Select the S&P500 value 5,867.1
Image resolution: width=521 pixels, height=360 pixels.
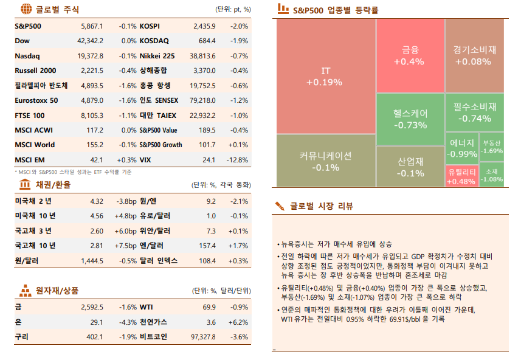(x=92, y=27)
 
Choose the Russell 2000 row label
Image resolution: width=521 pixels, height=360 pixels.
(x=35, y=71)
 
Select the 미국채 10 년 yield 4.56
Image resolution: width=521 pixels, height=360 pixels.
(x=96, y=216)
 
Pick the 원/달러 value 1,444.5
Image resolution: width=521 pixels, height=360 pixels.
(x=92, y=260)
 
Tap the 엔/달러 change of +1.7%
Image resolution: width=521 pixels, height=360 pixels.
(x=239, y=246)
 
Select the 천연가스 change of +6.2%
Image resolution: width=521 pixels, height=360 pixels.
(x=238, y=322)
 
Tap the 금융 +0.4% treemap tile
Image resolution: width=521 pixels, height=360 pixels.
(x=409, y=55)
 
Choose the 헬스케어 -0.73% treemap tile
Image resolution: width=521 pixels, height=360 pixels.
(x=410, y=119)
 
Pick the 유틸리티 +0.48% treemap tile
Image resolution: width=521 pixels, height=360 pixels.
(x=461, y=177)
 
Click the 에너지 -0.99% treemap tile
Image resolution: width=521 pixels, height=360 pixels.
(x=461, y=148)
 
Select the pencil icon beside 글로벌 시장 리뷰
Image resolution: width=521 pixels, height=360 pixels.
(x=280, y=206)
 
